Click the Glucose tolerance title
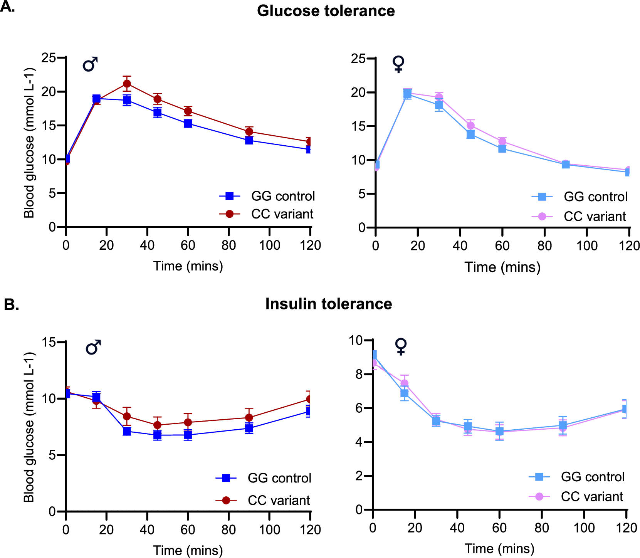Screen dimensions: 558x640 pyautogui.click(x=326, y=11)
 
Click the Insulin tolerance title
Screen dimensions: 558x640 pyautogui.click(x=328, y=304)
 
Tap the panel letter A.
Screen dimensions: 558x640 pyautogui.click(x=7, y=7)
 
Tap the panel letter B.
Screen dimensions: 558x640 pyautogui.click(x=11, y=304)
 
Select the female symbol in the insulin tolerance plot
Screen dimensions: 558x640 pyautogui.click(x=401, y=346)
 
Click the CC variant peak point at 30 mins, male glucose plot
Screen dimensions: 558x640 pyautogui.click(x=127, y=84)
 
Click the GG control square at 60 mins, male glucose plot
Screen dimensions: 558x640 pyautogui.click(x=188, y=124)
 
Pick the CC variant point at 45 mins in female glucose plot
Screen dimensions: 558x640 pyautogui.click(x=470, y=126)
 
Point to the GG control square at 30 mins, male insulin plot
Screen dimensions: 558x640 pyautogui.click(x=127, y=431)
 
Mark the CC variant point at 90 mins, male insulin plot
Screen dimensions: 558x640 pyautogui.click(x=249, y=418)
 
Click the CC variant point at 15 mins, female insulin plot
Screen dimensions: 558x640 pyautogui.click(x=404, y=383)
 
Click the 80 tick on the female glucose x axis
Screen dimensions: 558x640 pyautogui.click(x=544, y=246)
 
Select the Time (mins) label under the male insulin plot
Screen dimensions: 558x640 pyautogui.click(x=188, y=550)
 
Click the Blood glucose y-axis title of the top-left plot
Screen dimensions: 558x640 pyautogui.click(x=29, y=143)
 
